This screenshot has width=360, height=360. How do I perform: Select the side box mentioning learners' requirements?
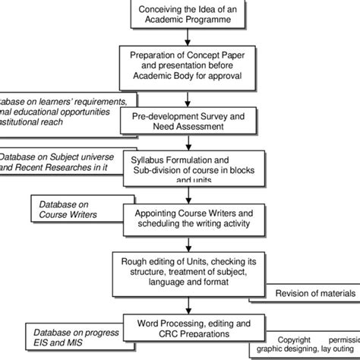coord(65,109)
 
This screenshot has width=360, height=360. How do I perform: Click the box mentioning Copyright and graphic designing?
coord(308,346)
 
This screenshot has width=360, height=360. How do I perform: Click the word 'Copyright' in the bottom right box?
coord(295,339)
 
